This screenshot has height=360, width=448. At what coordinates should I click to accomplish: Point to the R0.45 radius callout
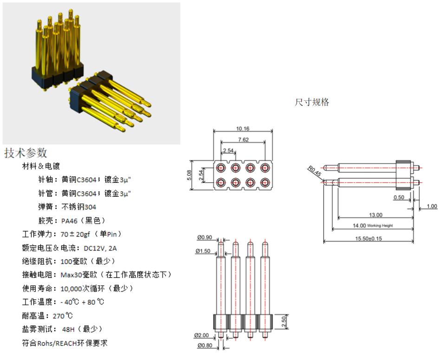[314, 171]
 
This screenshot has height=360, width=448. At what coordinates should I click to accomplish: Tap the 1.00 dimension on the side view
[432, 206]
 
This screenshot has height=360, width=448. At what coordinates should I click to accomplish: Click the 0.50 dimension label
[398, 198]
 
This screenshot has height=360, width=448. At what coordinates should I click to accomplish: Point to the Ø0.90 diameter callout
[204, 238]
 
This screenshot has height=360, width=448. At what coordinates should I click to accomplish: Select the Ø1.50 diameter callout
[204, 251]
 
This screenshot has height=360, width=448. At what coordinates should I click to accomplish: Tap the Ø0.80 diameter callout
[204, 345]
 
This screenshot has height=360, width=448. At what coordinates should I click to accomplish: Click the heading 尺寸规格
[312, 102]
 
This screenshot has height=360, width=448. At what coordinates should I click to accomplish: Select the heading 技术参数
[26, 153]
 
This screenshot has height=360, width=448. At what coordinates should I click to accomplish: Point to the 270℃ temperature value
[63, 315]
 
